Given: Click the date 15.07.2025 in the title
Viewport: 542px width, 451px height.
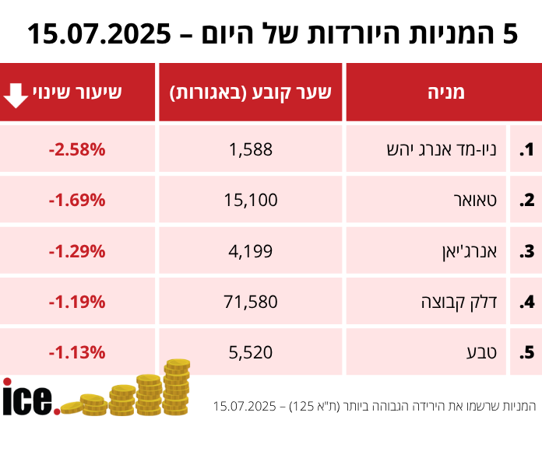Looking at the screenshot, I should click(x=99, y=33).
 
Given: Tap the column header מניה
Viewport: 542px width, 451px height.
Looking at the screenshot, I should click(x=445, y=93).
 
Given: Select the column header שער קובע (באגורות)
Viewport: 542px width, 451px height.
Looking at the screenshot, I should click(x=251, y=93).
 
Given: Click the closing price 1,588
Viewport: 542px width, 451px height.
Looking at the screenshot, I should click(x=251, y=149).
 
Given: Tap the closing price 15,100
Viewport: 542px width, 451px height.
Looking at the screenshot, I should click(x=251, y=200).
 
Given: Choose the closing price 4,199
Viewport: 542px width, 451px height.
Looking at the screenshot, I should click(x=251, y=251).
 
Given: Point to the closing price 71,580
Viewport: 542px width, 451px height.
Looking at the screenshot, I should click(x=251, y=301).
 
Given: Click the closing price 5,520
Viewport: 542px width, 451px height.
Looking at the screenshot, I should click(x=251, y=352).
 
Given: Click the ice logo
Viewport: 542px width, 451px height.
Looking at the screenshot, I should click(x=29, y=397).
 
